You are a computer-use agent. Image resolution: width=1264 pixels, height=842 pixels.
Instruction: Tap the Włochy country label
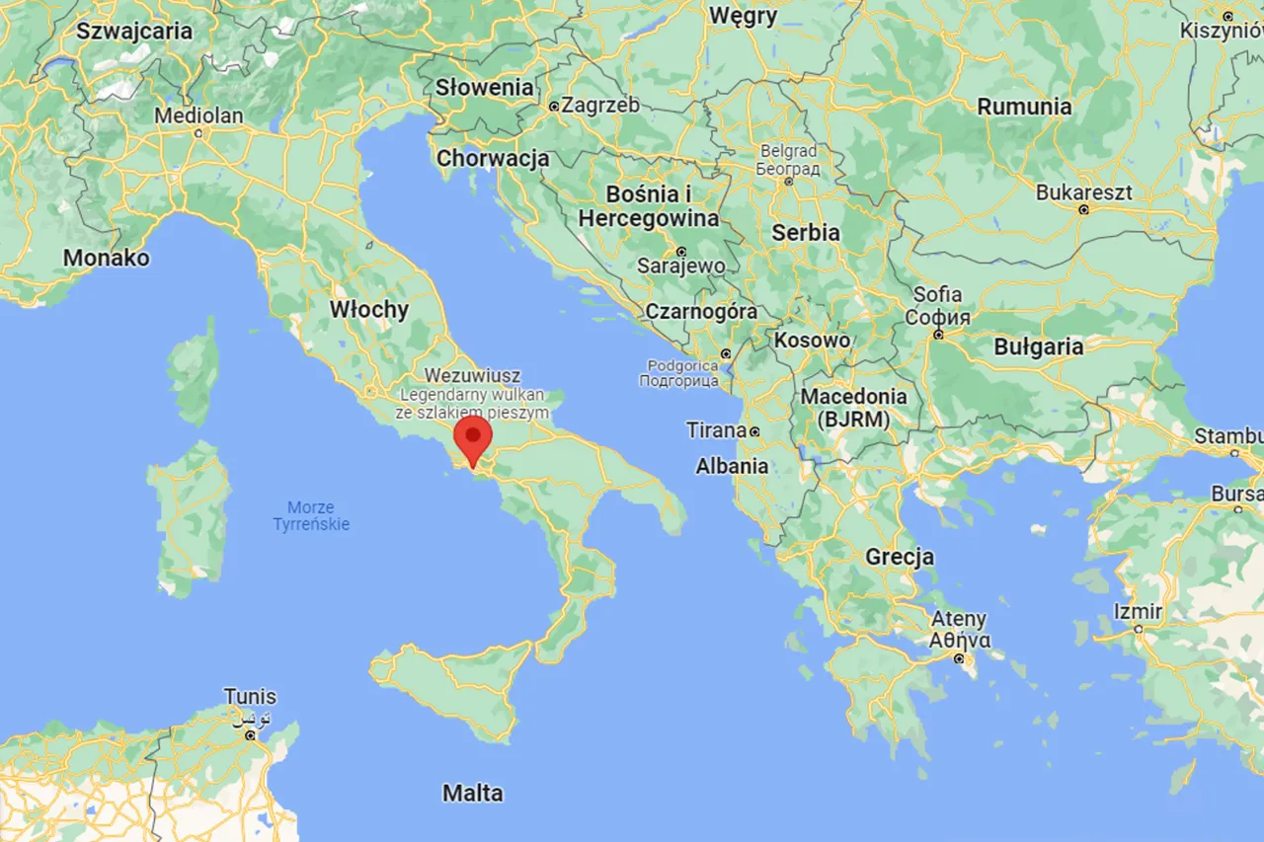(368, 309)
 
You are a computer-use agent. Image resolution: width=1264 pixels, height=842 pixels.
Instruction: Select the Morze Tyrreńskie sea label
(311, 514)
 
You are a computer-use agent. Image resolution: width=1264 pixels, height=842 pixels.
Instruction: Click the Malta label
(472, 793)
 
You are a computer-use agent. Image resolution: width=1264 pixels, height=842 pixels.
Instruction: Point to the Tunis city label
(250, 697)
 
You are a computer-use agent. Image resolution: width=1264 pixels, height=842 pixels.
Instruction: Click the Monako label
(107, 259)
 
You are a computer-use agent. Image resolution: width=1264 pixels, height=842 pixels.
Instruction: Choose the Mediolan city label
(198, 115)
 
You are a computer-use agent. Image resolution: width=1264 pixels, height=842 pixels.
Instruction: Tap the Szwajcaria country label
(134, 31)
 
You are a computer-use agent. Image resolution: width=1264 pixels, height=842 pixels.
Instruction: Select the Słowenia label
(485, 87)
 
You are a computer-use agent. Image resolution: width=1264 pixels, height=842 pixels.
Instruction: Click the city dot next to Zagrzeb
(554, 106)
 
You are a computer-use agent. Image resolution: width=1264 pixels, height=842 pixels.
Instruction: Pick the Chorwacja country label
(493, 158)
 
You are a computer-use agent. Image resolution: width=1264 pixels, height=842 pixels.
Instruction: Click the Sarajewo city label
(681, 267)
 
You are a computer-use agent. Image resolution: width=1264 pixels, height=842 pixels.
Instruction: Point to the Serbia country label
(806, 233)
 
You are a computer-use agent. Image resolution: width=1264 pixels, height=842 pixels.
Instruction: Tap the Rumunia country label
(1024, 107)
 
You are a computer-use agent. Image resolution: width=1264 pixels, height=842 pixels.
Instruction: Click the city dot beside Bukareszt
(1083, 209)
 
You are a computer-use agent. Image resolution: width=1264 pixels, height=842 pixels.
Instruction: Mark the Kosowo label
(813, 340)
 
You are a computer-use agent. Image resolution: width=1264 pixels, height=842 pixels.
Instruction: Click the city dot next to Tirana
(753, 431)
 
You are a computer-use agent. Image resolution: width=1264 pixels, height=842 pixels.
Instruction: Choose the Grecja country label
(900, 557)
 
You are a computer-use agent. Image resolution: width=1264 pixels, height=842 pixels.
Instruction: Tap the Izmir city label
(1138, 612)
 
